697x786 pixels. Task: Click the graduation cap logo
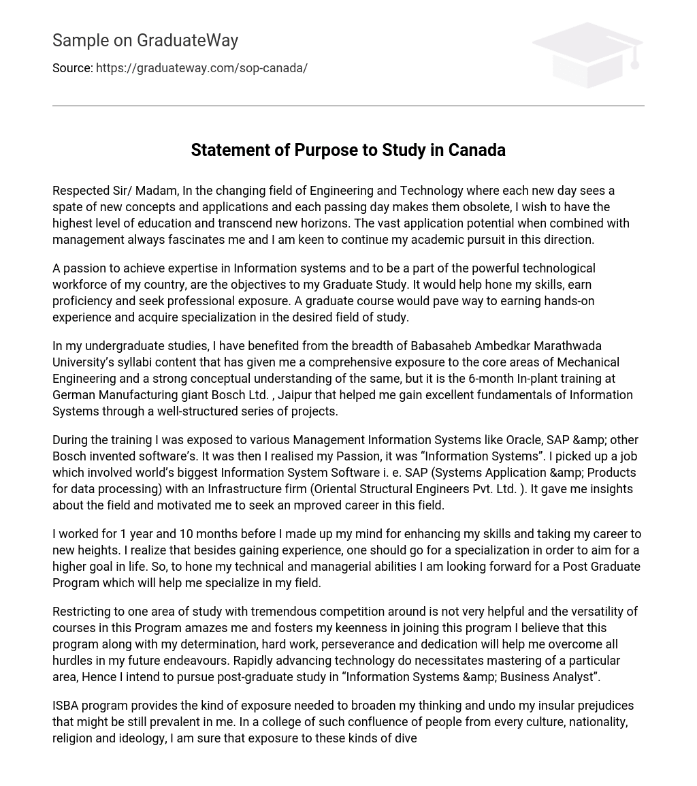coord(587,54)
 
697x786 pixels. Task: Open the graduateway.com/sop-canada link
coord(201,68)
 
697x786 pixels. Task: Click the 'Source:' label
coord(72,68)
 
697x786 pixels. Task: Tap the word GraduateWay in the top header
coord(187,41)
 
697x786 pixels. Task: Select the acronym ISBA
coord(67,706)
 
